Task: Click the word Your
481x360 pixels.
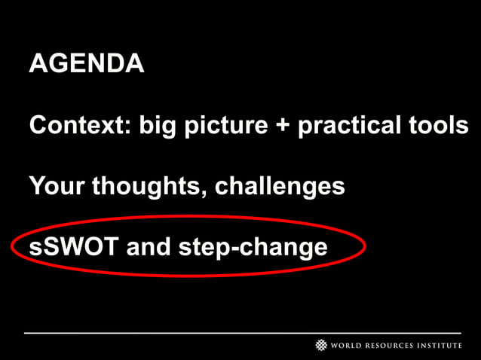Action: tap(57, 185)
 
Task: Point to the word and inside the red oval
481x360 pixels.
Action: tap(149, 246)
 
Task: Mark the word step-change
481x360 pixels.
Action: tap(252, 247)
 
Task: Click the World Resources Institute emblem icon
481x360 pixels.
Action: tap(321, 345)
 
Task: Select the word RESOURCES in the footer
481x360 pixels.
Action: tap(396, 346)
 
